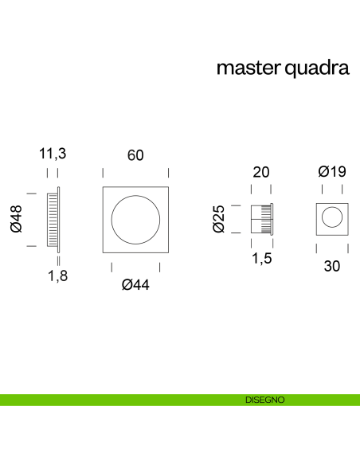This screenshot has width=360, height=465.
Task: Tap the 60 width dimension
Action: (135, 155)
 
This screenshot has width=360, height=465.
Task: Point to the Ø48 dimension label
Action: (15, 219)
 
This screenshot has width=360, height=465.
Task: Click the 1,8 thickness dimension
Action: (56, 276)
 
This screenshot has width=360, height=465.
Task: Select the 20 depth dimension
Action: (261, 172)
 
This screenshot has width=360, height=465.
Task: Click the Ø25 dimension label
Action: (220, 219)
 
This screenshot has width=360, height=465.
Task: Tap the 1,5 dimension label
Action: (261, 260)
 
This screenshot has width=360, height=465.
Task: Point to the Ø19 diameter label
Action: (331, 172)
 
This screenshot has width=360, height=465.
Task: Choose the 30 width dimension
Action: (331, 267)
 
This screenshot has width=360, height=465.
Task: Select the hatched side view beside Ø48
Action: (53, 219)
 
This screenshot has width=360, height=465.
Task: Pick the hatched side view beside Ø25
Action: (262, 218)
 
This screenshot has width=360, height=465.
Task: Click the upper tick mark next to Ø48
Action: (32, 192)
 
